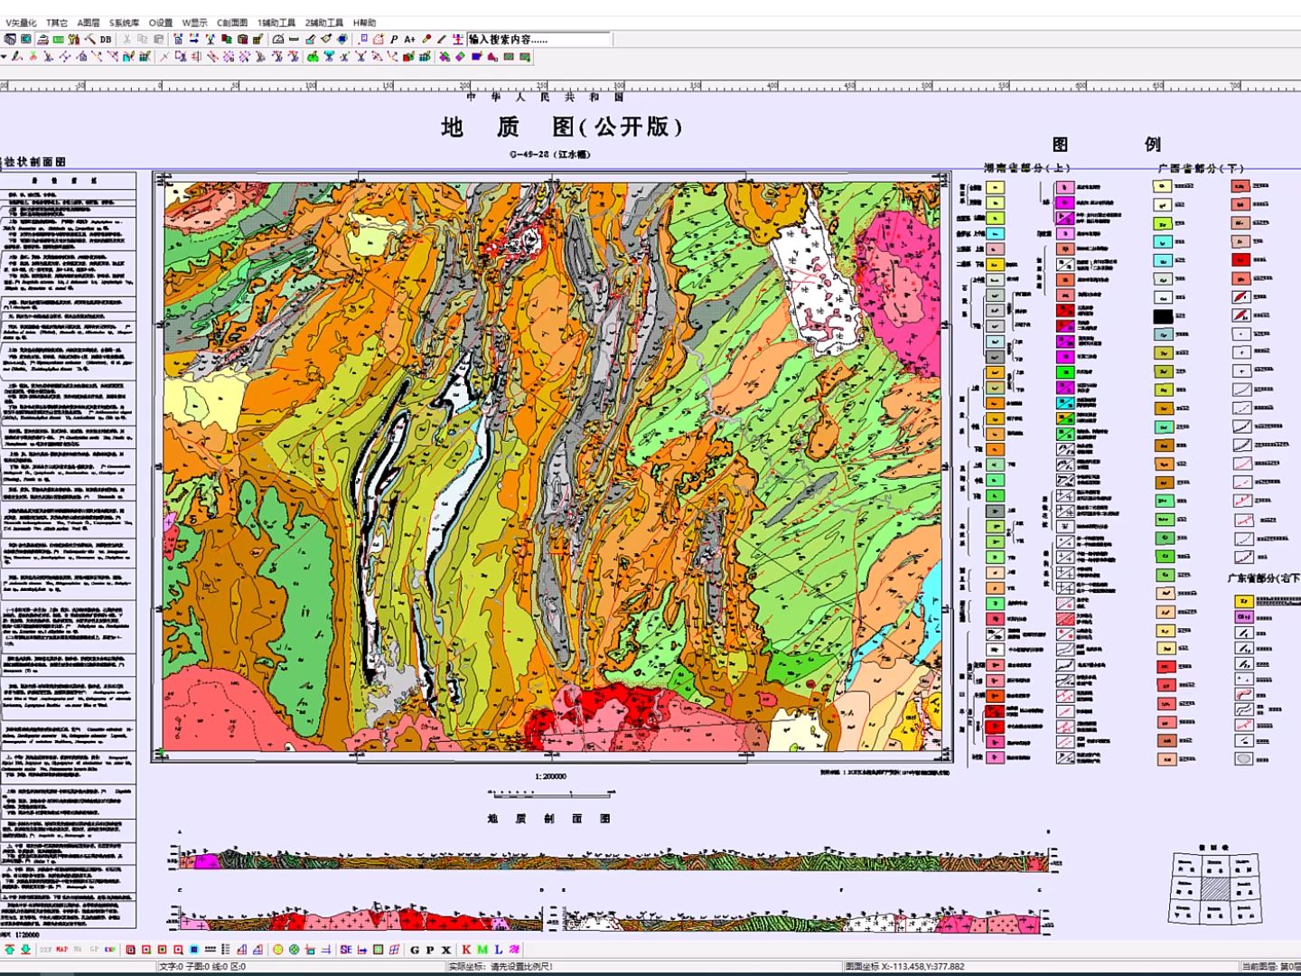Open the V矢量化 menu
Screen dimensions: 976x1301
pyautogui.click(x=21, y=23)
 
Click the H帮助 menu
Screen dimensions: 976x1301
pyautogui.click(x=364, y=23)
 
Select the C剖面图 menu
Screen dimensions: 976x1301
pyautogui.click(x=231, y=23)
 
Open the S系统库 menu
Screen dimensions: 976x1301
pyautogui.click(x=124, y=23)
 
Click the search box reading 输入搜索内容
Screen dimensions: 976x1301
pyautogui.click(x=538, y=39)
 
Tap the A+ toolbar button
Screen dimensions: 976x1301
pyautogui.click(x=409, y=39)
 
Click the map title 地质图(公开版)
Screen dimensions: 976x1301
pyautogui.click(x=561, y=127)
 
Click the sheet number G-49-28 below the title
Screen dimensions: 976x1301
pyautogui.click(x=549, y=155)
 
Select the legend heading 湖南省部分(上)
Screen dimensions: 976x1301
pyautogui.click(x=1026, y=168)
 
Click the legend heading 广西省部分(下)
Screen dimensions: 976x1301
pyautogui.click(x=1201, y=168)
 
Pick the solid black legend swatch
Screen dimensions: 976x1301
pyautogui.click(x=1163, y=316)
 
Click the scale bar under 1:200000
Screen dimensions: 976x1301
pyautogui.click(x=550, y=794)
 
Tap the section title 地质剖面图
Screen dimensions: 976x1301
pyautogui.click(x=549, y=819)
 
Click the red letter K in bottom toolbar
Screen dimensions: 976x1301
pyautogui.click(x=466, y=950)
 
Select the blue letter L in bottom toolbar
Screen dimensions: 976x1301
pyautogui.click(x=498, y=950)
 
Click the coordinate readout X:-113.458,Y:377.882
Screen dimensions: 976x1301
pyautogui.click(x=913, y=966)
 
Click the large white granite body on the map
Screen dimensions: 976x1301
pyautogui.click(x=818, y=280)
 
